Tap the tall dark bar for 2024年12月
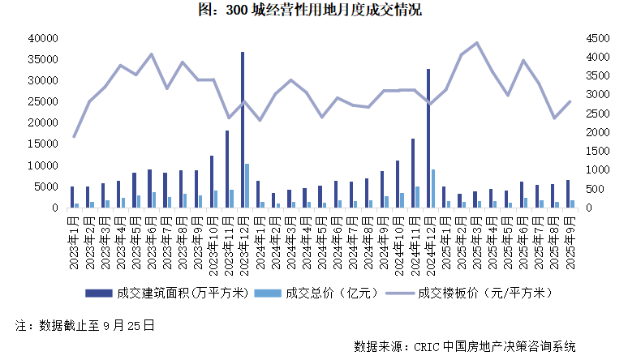(428, 138)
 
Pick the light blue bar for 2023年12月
(247, 186)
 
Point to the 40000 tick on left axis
(41, 38)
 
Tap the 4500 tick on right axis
(594, 38)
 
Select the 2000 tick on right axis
(594, 132)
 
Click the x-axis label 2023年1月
(73, 234)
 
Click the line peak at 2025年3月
(475, 43)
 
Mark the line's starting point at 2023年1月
(74, 136)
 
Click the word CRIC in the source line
(428, 346)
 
